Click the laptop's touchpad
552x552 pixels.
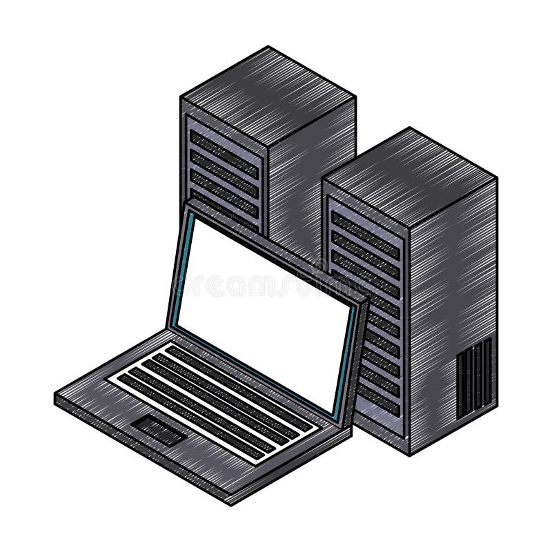159,429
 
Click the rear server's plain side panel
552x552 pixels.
310,172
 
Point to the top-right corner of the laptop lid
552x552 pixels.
366,300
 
